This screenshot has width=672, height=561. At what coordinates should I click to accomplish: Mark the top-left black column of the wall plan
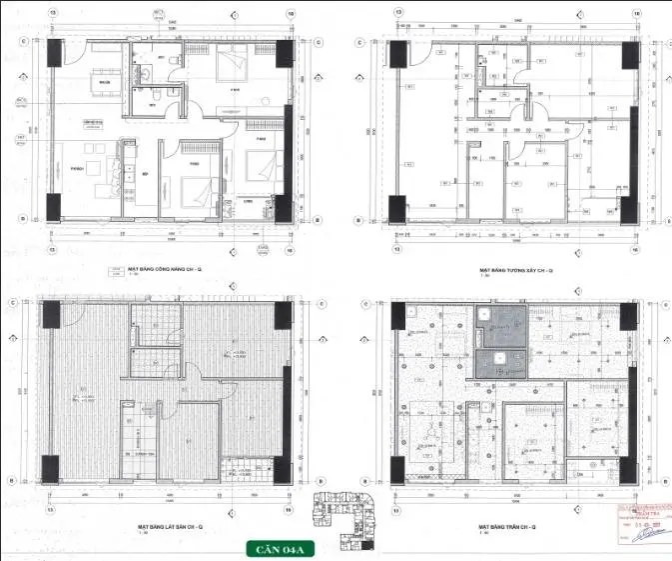coord(397,55)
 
